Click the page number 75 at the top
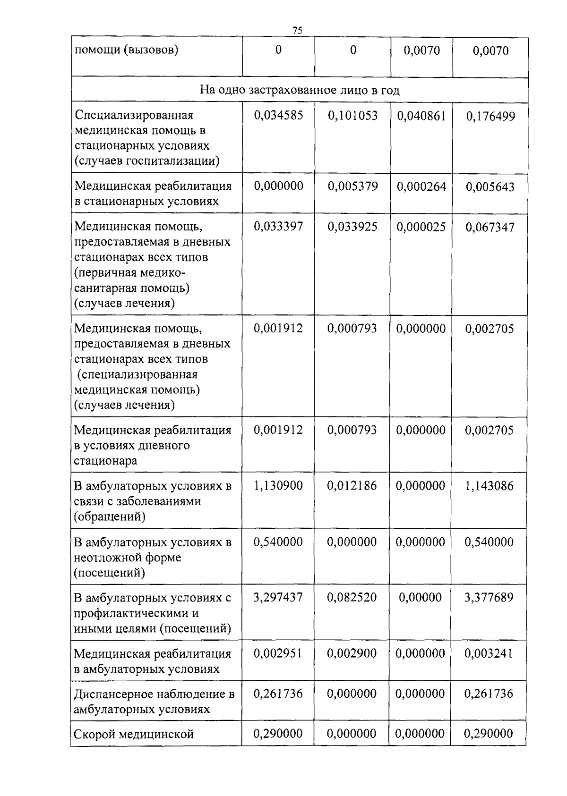(x=297, y=31)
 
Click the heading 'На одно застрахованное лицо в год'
(x=300, y=90)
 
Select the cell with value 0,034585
(x=278, y=116)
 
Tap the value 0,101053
(x=352, y=116)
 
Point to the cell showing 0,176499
(x=490, y=117)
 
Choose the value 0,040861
(x=421, y=116)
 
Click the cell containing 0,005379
(x=352, y=186)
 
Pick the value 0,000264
(x=421, y=186)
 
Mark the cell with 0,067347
(x=490, y=228)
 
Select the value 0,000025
(x=421, y=227)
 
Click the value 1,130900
(x=278, y=486)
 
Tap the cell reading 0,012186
(x=352, y=486)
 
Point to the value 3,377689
(x=489, y=598)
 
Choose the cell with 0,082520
(x=352, y=598)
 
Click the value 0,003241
(x=489, y=654)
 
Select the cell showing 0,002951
(x=278, y=653)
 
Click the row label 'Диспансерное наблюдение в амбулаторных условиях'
(x=154, y=702)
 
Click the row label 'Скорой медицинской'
(x=134, y=734)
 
